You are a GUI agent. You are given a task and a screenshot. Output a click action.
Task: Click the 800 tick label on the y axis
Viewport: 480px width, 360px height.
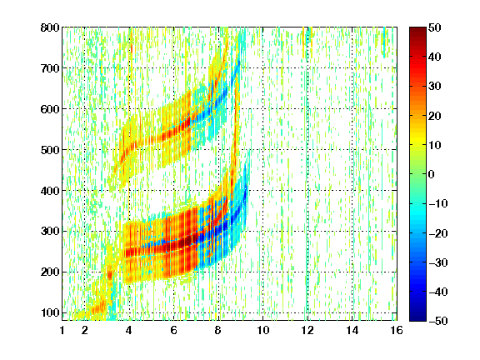click(50, 27)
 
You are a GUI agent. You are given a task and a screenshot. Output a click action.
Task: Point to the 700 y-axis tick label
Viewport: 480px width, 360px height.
click(50, 68)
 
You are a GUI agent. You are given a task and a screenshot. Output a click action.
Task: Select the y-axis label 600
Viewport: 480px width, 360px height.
click(50, 109)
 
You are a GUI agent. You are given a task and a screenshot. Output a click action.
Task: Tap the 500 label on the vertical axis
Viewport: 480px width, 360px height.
click(50, 150)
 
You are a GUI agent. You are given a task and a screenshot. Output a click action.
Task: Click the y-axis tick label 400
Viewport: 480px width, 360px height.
click(50, 191)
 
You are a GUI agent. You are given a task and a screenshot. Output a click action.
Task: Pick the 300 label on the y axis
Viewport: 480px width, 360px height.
click(50, 232)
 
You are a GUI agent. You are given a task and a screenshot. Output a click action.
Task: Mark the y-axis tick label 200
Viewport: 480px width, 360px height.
click(50, 272)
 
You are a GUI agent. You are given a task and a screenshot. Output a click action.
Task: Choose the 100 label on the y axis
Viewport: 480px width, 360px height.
click(50, 312)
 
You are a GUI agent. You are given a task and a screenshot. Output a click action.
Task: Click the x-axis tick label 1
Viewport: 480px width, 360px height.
click(62, 330)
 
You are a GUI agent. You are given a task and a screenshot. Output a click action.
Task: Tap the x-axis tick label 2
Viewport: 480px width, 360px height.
click(85, 330)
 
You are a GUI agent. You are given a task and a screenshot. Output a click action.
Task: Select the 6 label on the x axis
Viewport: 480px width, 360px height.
click(174, 330)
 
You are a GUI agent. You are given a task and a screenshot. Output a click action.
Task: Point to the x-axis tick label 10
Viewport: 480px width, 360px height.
click(263, 330)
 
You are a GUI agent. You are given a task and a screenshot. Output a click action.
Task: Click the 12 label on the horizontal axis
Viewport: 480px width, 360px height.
click(307, 330)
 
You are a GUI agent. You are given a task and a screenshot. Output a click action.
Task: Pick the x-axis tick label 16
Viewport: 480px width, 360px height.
click(397, 330)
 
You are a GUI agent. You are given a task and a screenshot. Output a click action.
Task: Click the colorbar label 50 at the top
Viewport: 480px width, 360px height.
click(435, 27)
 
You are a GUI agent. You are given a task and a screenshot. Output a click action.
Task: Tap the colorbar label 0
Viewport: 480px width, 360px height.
click(432, 174)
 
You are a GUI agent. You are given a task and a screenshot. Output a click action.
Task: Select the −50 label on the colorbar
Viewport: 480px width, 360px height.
click(438, 321)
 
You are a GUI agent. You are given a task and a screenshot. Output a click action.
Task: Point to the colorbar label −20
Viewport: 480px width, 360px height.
click(438, 233)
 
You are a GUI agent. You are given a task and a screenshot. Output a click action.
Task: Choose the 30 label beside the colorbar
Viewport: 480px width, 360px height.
click(435, 87)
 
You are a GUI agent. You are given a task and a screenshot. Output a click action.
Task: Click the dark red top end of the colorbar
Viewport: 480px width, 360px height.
click(417, 29)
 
